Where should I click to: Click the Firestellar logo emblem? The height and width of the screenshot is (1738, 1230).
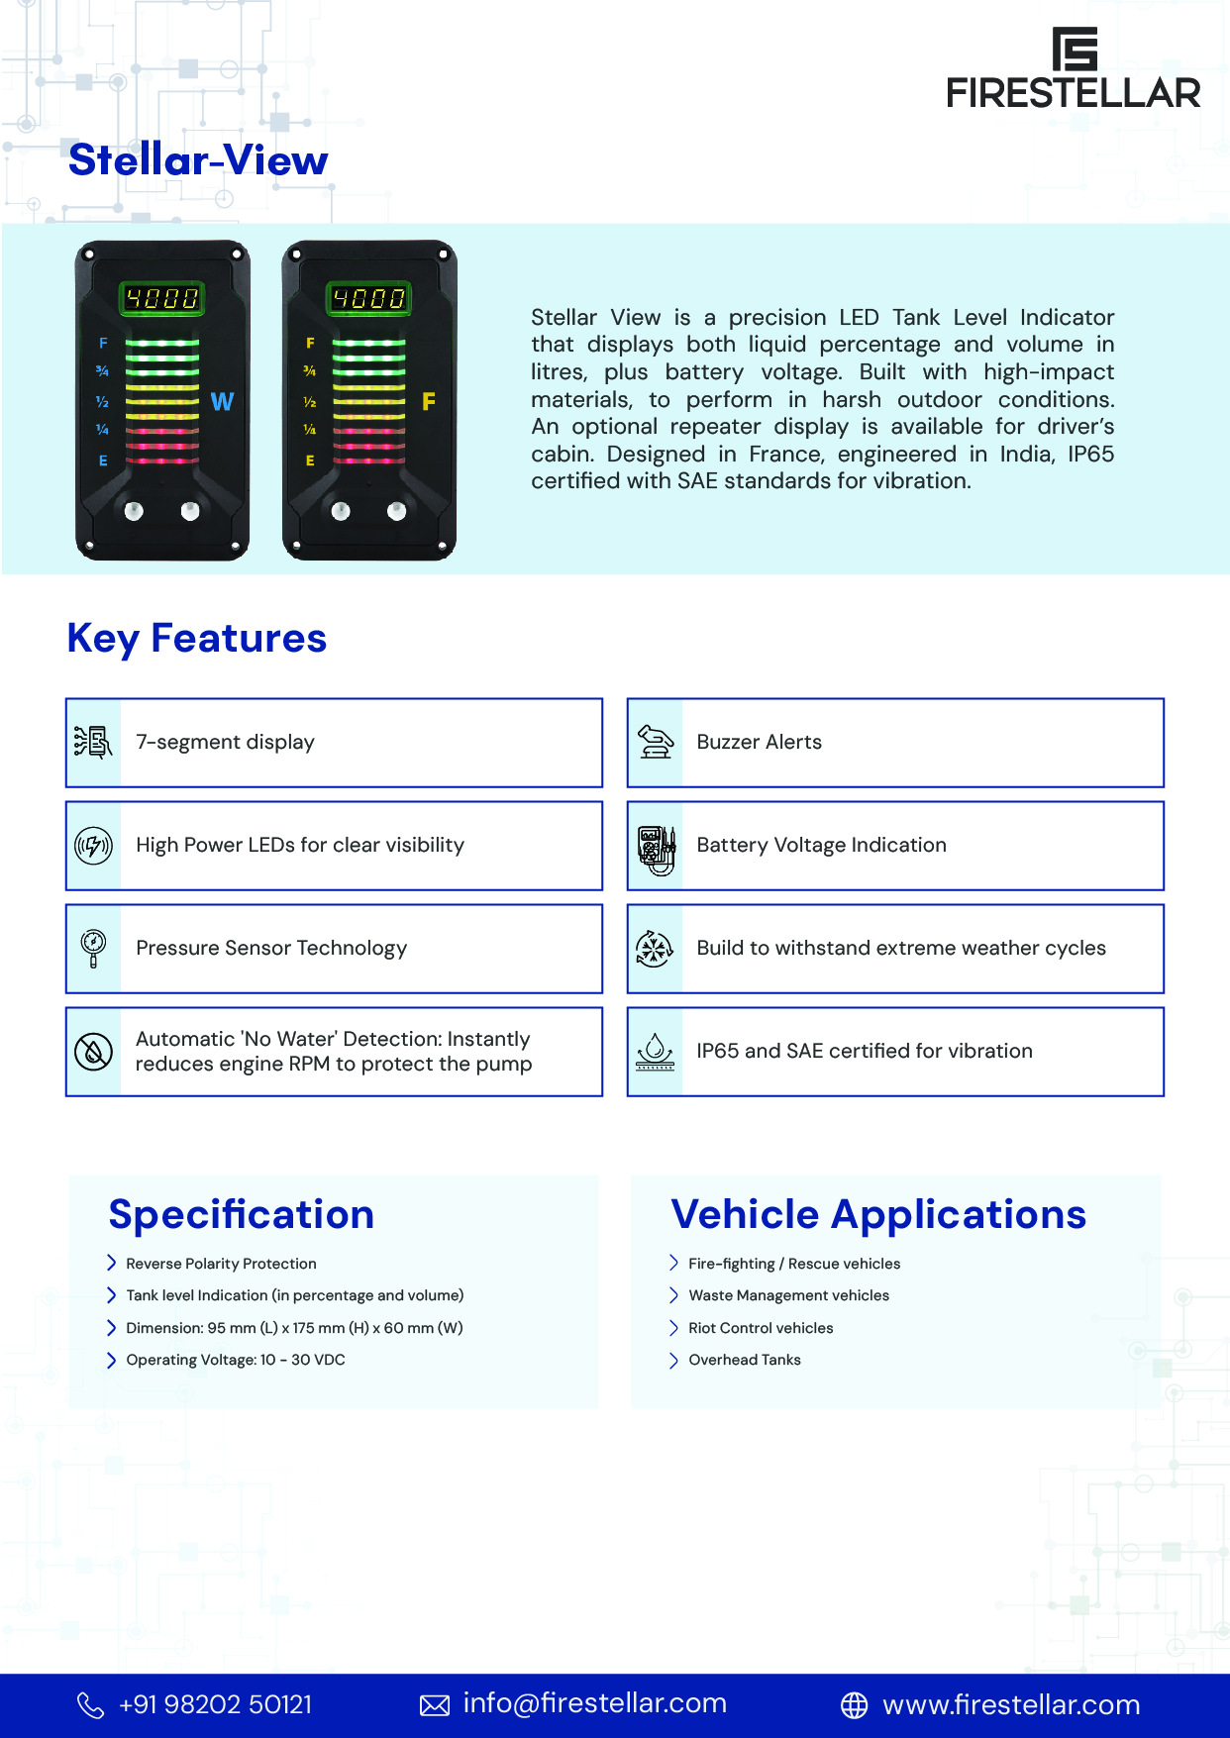click(1075, 49)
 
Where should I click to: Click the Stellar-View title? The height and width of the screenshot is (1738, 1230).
click(198, 160)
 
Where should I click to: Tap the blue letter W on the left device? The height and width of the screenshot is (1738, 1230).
click(222, 401)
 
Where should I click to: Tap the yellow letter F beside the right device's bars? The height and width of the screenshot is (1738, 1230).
click(429, 401)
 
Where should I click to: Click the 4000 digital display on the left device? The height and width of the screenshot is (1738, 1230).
click(161, 298)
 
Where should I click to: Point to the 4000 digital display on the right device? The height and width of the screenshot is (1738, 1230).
click(368, 298)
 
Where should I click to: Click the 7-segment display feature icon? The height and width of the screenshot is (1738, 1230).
click(93, 742)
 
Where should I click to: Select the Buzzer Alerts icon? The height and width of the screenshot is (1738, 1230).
click(655, 742)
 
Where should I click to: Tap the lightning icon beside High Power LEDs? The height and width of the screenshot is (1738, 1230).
click(93, 846)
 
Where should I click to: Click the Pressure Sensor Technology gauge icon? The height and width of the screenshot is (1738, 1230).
click(93, 948)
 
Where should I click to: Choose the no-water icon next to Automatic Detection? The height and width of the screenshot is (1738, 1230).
click(93, 1052)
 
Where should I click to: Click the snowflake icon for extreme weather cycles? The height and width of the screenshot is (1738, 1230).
click(654, 949)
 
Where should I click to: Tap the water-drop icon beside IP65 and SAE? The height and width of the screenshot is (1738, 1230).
click(655, 1052)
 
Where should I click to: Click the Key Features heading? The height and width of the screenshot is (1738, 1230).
click(196, 639)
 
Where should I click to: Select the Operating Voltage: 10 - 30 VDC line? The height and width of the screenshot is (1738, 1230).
click(236, 1360)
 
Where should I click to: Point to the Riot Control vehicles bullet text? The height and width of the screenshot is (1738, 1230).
click(761, 1328)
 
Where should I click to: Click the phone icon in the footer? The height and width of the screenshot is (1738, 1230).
click(90, 1704)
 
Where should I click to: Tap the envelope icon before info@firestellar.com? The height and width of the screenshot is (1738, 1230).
click(435, 1704)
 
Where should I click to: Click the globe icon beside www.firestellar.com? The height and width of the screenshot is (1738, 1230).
click(854, 1704)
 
